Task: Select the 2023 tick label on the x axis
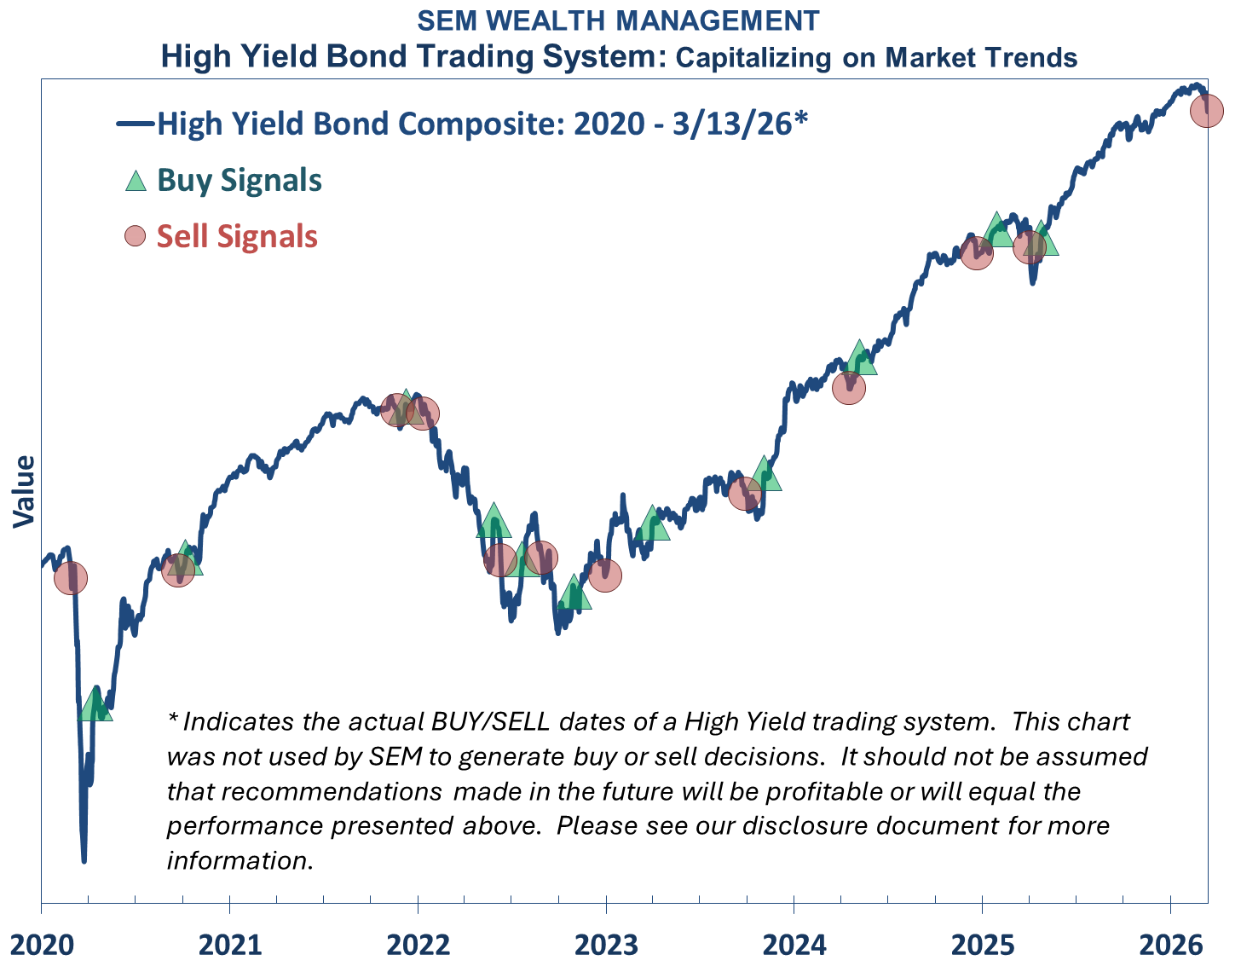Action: [606, 945]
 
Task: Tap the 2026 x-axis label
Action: [1171, 945]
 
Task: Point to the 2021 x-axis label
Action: [230, 945]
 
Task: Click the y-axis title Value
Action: [25, 491]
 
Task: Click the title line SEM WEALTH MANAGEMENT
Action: [618, 20]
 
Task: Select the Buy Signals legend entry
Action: [240, 181]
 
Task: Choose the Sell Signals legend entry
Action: [237, 236]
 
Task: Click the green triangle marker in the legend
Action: [136, 181]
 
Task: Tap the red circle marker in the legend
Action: [136, 236]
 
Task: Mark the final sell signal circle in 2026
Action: [1206, 110]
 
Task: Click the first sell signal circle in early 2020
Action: [71, 578]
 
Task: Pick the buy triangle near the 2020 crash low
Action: [95, 704]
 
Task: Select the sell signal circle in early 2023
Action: [605, 575]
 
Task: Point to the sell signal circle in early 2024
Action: [848, 388]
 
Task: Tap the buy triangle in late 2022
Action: [574, 593]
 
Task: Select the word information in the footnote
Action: [240, 860]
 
